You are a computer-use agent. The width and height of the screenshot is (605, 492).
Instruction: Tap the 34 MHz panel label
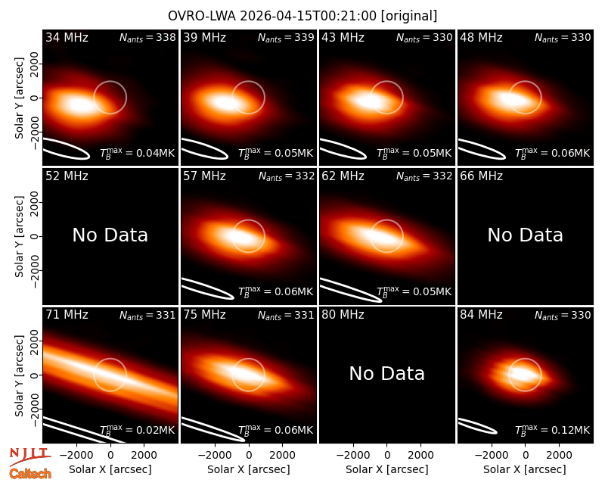(67, 37)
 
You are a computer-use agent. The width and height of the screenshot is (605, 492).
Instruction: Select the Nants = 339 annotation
(286, 38)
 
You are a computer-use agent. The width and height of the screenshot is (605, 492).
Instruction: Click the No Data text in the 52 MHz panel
(110, 235)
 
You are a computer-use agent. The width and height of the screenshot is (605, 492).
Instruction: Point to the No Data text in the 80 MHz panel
(387, 373)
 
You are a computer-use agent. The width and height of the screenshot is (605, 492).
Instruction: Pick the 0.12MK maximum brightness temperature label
(553, 429)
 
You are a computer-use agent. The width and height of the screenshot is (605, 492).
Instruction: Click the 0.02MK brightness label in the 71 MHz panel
(138, 429)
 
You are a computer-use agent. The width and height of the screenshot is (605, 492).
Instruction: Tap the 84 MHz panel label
(481, 315)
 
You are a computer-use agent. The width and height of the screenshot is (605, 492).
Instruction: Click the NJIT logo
(29, 456)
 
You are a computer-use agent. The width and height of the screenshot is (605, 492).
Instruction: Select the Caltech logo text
(30, 474)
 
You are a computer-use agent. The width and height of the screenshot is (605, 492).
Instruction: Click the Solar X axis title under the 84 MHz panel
(525, 469)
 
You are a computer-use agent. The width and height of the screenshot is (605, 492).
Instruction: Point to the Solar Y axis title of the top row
(19, 98)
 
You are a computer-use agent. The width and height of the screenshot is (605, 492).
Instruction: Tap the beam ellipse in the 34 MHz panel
(66, 148)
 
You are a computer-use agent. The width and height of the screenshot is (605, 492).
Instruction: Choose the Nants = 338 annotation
(147, 38)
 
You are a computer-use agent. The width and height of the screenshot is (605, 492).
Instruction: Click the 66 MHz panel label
(481, 176)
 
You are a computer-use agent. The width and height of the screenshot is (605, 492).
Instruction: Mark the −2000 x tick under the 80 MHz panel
(352, 455)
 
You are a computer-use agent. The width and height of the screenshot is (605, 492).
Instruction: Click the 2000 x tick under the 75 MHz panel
(282, 455)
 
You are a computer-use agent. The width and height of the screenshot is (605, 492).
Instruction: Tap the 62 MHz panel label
(343, 176)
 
